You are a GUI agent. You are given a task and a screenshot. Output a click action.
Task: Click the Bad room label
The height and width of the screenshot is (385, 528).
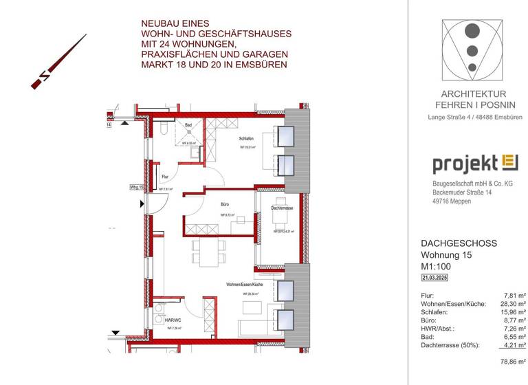click(x=188, y=124)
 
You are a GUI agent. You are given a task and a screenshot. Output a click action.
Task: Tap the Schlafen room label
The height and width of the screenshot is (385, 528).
click(x=247, y=139)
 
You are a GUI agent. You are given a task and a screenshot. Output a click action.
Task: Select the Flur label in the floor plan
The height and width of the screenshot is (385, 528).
click(x=164, y=177)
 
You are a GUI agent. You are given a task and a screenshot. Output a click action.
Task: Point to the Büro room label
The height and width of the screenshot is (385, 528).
click(x=225, y=205)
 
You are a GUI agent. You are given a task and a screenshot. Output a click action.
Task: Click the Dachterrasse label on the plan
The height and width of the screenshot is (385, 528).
click(x=283, y=208)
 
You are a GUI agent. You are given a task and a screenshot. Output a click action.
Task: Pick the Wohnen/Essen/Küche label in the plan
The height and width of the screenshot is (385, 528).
click(x=244, y=284)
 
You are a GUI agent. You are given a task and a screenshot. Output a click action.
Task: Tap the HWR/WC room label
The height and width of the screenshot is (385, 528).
click(x=173, y=320)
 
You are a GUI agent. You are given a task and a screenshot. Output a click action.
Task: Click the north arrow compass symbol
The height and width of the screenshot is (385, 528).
click(x=58, y=63)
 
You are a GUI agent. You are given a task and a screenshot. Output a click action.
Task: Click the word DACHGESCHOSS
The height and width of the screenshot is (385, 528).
click(x=458, y=244)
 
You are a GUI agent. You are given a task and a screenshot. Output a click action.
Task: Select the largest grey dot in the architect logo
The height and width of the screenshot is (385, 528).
click(x=472, y=31)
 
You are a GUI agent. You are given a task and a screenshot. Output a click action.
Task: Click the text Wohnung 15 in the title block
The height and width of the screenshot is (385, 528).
click(x=447, y=255)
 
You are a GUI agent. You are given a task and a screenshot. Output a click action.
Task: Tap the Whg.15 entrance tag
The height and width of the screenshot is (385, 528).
click(x=135, y=186)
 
